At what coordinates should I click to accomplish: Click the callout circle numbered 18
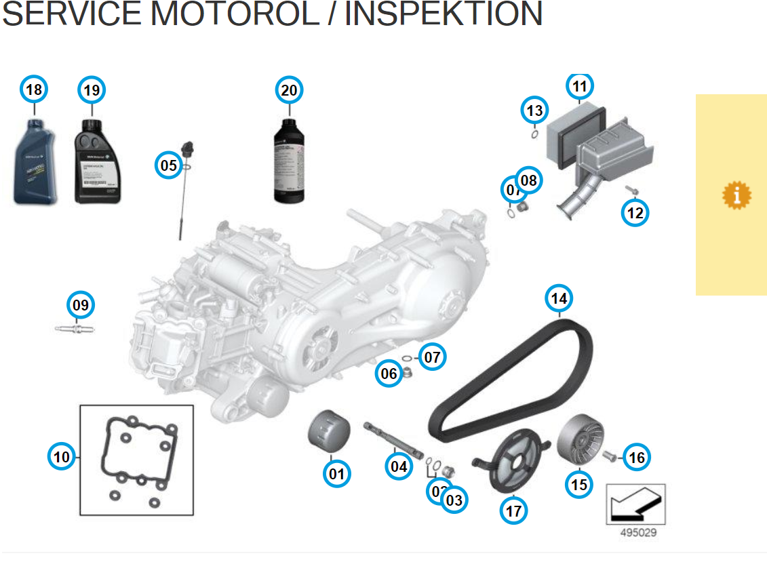pos(33,89)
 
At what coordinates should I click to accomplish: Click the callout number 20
pos(289,89)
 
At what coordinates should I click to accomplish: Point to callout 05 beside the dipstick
pos(168,165)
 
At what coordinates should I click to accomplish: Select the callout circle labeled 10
pos(62,457)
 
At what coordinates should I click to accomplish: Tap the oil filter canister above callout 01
pos(330,430)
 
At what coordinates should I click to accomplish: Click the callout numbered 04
pos(399,466)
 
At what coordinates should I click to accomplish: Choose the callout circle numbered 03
pos(454,500)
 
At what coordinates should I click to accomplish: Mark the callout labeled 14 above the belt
pos(559,298)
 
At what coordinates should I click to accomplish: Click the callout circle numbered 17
pos(513,510)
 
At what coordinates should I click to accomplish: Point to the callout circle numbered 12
pos(635,213)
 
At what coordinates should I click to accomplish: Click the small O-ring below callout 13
pos(534,134)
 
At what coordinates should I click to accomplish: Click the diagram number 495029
pos(638,533)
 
